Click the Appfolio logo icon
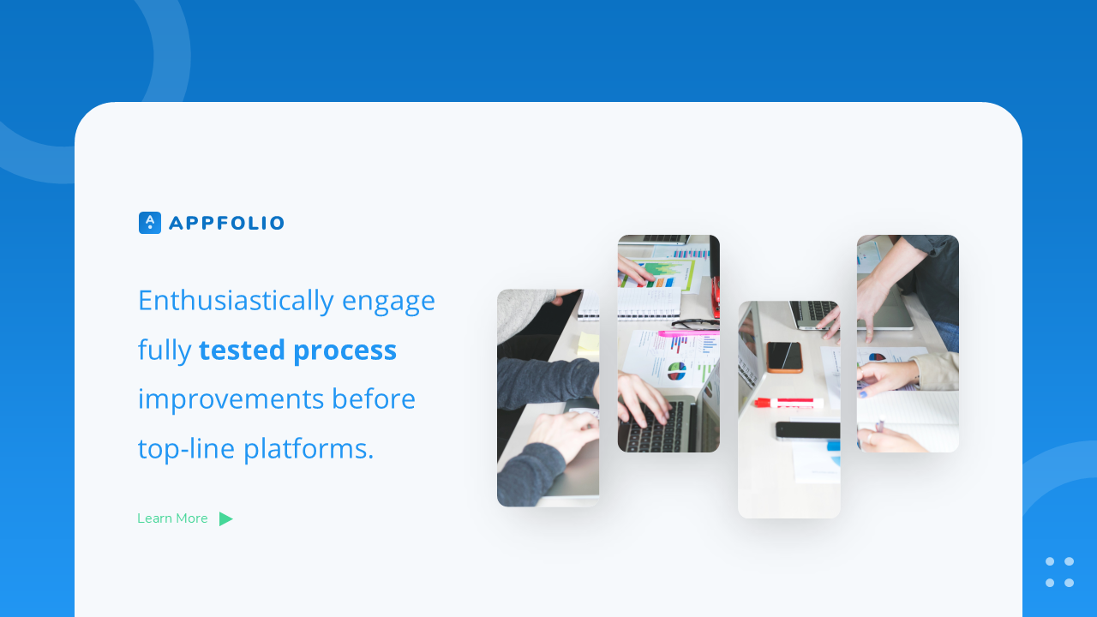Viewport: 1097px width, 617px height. coord(150,223)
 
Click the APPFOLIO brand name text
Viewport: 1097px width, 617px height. coord(226,224)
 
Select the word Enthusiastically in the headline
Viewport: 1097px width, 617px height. coord(236,301)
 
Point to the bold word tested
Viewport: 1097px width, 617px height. coord(242,350)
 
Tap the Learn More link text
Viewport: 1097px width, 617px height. coord(172,518)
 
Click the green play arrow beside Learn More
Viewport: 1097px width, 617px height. coord(225,518)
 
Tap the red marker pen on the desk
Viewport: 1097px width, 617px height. coord(788,403)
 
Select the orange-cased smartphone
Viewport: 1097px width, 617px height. coord(784,356)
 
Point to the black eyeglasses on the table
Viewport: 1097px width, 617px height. coord(695,324)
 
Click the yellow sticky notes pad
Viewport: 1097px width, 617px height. coord(587,344)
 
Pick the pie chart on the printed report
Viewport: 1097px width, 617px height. coord(677,371)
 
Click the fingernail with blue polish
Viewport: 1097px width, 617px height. coord(864,393)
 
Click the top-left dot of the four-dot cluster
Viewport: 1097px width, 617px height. coord(1050,561)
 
